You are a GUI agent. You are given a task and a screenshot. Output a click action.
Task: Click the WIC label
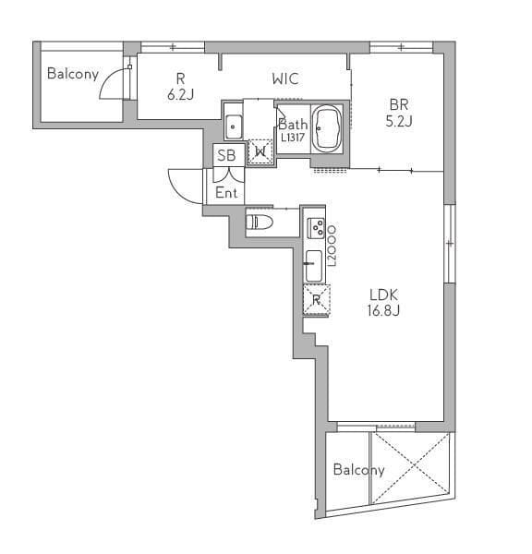pos(285,78)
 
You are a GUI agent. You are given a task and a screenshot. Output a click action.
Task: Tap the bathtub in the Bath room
pos(328,128)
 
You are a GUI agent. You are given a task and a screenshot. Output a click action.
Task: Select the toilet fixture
pos(260,223)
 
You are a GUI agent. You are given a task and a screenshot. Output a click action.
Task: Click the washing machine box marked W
pos(260,152)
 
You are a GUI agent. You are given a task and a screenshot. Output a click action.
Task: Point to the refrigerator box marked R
pos(317,300)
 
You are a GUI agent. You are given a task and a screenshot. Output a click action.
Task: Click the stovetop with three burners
pos(316,227)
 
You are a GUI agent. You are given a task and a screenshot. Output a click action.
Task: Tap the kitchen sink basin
pos(314,266)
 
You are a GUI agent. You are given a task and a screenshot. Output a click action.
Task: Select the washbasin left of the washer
pos(234,127)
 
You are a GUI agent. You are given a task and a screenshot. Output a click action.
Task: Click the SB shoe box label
pos(226,155)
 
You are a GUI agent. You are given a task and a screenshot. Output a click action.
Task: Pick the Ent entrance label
pos(226,193)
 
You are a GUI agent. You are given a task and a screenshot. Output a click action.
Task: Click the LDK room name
pos(383,295)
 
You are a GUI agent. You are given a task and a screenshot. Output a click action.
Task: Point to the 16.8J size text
pos(383,310)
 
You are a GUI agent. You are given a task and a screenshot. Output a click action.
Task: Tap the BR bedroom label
pos(399,104)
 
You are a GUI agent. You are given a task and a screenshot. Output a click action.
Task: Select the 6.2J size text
pos(181,94)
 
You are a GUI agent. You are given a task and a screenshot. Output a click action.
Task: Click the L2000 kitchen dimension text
pos(332,247)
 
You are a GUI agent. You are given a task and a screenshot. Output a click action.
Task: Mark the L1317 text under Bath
pos(293,137)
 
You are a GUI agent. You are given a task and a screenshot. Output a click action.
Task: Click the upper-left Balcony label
pos(73,74)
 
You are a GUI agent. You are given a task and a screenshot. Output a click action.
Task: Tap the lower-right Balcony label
pos(358,470)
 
